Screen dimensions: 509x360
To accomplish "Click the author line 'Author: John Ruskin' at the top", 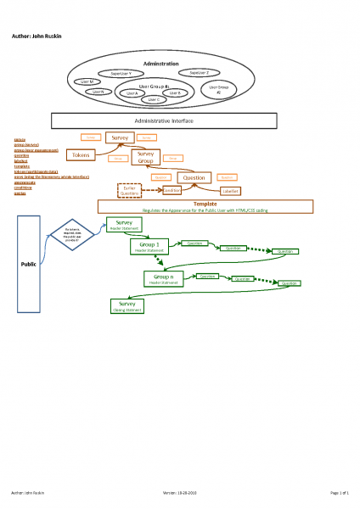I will click(x=36, y=36).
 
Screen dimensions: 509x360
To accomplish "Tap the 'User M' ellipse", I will click(x=87, y=81).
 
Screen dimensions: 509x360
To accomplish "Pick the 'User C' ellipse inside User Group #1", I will click(x=153, y=99).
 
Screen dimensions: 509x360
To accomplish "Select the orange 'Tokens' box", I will click(x=81, y=155).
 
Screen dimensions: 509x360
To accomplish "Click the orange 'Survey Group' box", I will click(x=145, y=157).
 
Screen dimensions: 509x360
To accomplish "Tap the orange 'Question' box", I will click(x=195, y=177).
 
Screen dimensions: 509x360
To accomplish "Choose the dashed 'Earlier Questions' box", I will click(x=129, y=191).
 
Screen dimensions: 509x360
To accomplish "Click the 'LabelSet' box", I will click(x=230, y=191).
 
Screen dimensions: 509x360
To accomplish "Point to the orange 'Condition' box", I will click(x=172, y=191).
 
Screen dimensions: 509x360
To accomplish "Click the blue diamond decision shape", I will click(x=72, y=235).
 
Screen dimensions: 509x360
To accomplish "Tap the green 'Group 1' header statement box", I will click(x=149, y=247).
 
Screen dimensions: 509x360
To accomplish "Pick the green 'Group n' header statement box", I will click(x=165, y=278).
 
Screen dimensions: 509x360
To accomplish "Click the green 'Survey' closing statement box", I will click(x=127, y=305).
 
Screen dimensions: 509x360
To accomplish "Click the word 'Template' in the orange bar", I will click(x=205, y=204).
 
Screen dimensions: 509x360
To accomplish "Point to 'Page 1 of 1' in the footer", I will click(x=340, y=492).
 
